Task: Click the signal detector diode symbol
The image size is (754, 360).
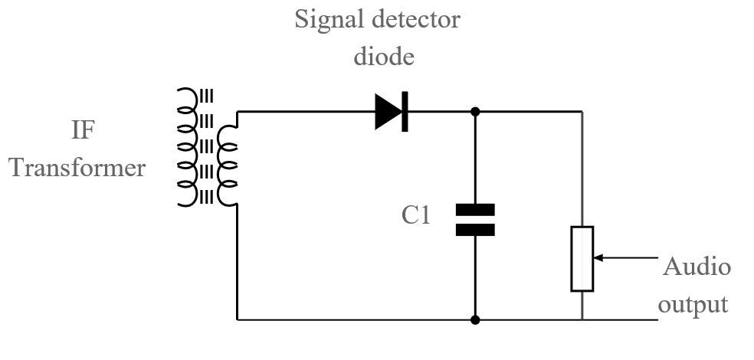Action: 392,112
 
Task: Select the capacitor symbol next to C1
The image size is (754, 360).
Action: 475,219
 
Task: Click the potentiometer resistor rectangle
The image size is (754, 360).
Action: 582,259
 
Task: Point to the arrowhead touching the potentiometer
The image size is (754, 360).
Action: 598,257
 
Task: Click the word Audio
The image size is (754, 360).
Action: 697,267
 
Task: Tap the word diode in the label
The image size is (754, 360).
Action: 378,56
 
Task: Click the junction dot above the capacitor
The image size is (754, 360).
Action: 475,112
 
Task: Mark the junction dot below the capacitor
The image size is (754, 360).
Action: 475,319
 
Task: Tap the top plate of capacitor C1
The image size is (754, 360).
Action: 475,209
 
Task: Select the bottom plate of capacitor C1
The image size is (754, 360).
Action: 475,229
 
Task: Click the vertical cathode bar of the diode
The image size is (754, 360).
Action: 405,112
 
